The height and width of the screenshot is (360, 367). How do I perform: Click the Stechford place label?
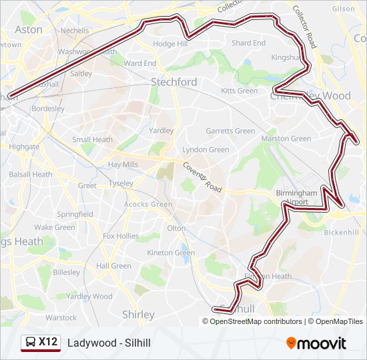173,81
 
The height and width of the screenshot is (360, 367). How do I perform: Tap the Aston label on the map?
28,29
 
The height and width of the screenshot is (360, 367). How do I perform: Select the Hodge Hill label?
170,44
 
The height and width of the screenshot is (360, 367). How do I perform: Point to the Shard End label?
248,43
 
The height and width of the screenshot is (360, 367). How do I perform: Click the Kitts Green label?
239,91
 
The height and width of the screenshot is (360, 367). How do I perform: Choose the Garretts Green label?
230,131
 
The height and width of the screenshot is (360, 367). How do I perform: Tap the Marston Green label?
286,139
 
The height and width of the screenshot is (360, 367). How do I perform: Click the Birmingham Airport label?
292,197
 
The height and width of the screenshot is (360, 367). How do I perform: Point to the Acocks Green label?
148,204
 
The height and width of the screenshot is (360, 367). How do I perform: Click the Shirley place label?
138,314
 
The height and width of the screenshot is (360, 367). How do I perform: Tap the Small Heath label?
92,139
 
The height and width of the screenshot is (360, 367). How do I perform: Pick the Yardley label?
161,131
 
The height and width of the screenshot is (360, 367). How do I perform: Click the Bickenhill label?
341,233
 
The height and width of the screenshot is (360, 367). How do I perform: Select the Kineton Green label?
171,253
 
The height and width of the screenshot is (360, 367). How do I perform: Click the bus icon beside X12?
31,343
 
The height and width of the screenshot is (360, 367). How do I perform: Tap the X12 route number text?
47,342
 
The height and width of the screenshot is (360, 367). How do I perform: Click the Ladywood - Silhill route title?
109,343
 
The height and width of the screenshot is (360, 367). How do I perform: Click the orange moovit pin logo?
291,343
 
